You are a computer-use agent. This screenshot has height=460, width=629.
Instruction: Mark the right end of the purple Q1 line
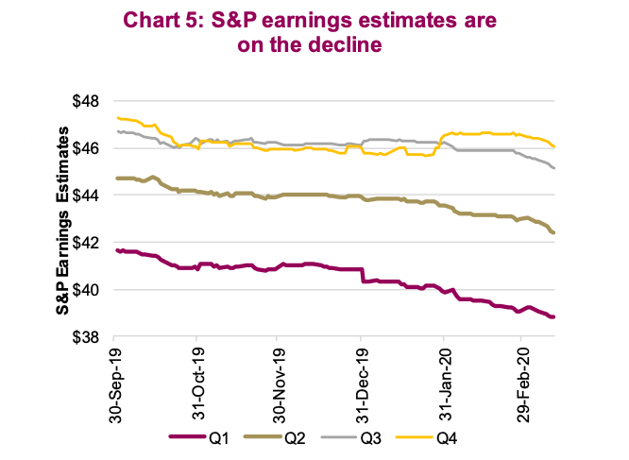[x=553, y=317]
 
